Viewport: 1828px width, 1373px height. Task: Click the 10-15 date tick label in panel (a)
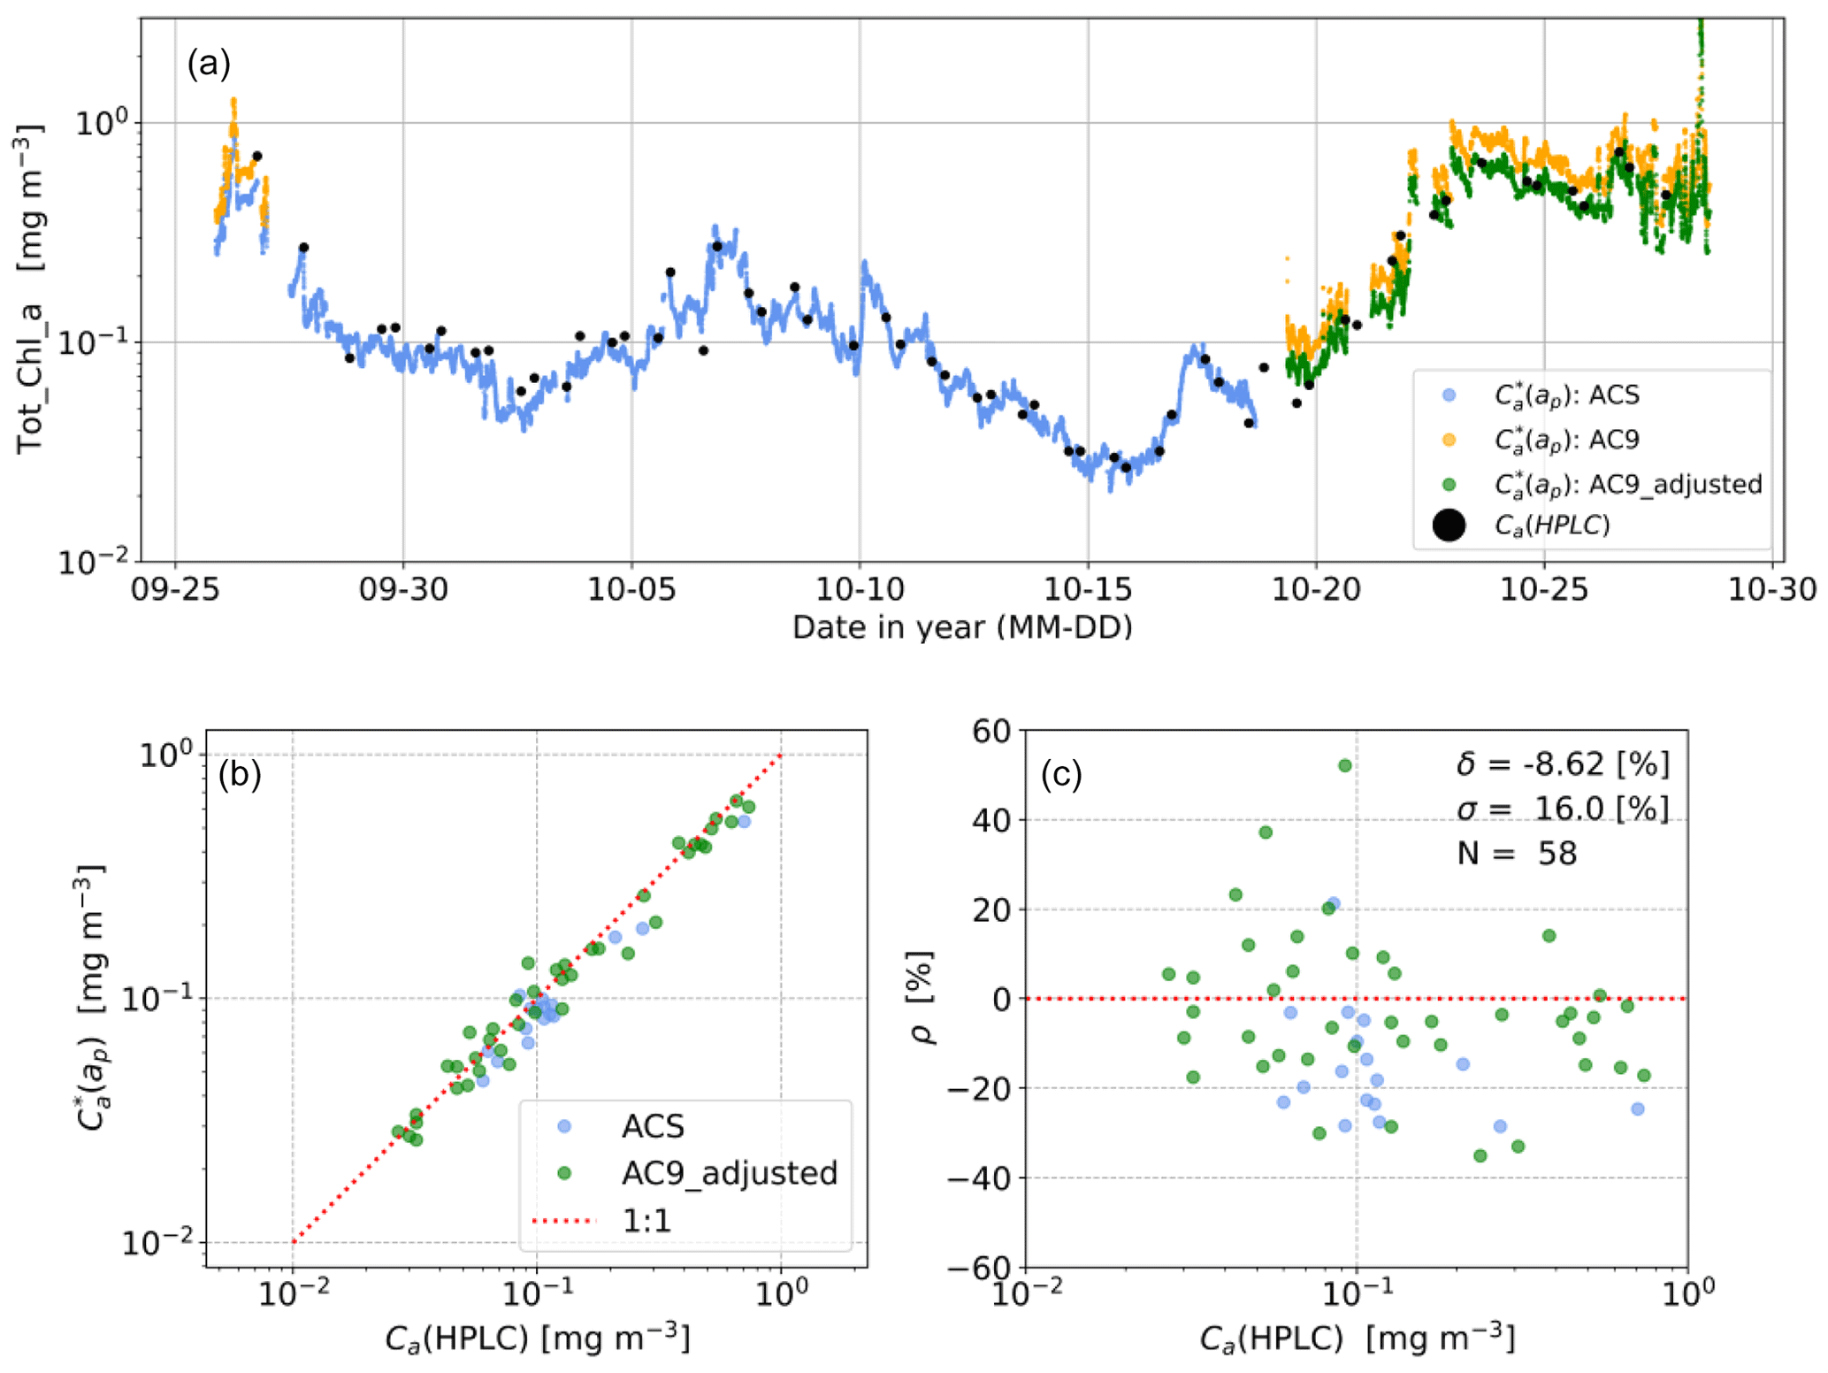click(1087, 588)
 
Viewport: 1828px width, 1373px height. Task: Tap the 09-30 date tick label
click(403, 588)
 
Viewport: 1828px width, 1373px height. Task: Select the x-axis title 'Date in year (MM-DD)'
click(962, 627)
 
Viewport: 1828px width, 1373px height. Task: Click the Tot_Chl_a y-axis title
click(30, 289)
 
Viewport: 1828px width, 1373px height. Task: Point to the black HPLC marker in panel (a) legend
click(1448, 525)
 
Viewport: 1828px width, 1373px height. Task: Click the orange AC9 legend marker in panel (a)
click(1449, 440)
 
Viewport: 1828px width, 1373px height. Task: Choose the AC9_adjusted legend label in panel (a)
click(1628, 484)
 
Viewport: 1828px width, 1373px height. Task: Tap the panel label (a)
click(209, 64)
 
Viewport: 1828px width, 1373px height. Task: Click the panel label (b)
click(240, 774)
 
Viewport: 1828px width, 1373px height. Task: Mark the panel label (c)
click(1061, 774)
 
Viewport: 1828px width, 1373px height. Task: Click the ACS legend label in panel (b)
click(653, 1126)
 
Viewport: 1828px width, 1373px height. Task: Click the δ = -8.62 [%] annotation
click(1563, 763)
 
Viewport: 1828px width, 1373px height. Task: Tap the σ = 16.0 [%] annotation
click(1563, 808)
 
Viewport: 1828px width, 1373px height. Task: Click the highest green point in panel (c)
click(1345, 765)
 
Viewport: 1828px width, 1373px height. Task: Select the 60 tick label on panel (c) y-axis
click(990, 732)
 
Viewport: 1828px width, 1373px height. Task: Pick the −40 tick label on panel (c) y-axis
click(980, 1178)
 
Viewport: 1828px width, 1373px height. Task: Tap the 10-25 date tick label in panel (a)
click(1544, 588)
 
